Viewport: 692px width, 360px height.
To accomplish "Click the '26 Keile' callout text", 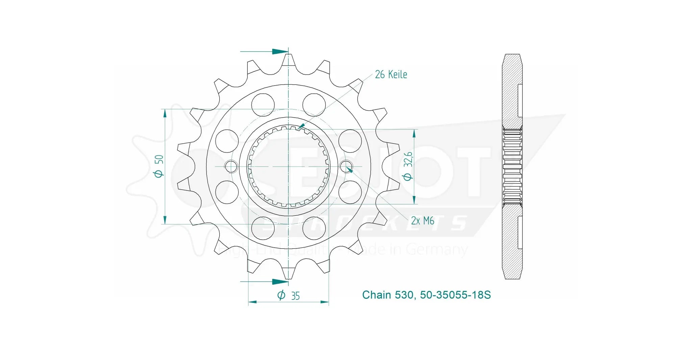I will [x=391, y=74].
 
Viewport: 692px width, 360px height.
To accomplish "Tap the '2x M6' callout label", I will [x=422, y=221].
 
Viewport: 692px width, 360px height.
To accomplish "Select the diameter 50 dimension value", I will [x=159, y=166].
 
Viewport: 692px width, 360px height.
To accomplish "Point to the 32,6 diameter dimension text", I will [x=408, y=166].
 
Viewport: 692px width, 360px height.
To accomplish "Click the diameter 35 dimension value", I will [x=289, y=296].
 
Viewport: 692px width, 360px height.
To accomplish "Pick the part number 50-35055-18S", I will [x=455, y=295].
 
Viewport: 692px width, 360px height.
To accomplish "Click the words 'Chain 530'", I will [x=388, y=295].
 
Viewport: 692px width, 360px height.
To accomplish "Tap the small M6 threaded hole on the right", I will [x=346, y=166].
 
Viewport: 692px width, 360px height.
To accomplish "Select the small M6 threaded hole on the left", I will [x=231, y=166].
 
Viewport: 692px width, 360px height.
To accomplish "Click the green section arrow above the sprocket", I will [x=279, y=52].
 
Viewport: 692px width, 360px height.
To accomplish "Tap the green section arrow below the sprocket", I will [x=279, y=282].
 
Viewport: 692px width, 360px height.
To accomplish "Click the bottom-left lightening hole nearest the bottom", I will [x=263, y=228].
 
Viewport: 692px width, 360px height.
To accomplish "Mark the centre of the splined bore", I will [x=288, y=166].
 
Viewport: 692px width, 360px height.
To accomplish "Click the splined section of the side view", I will [x=512, y=166].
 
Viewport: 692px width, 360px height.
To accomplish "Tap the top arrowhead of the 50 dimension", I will [x=165, y=114].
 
